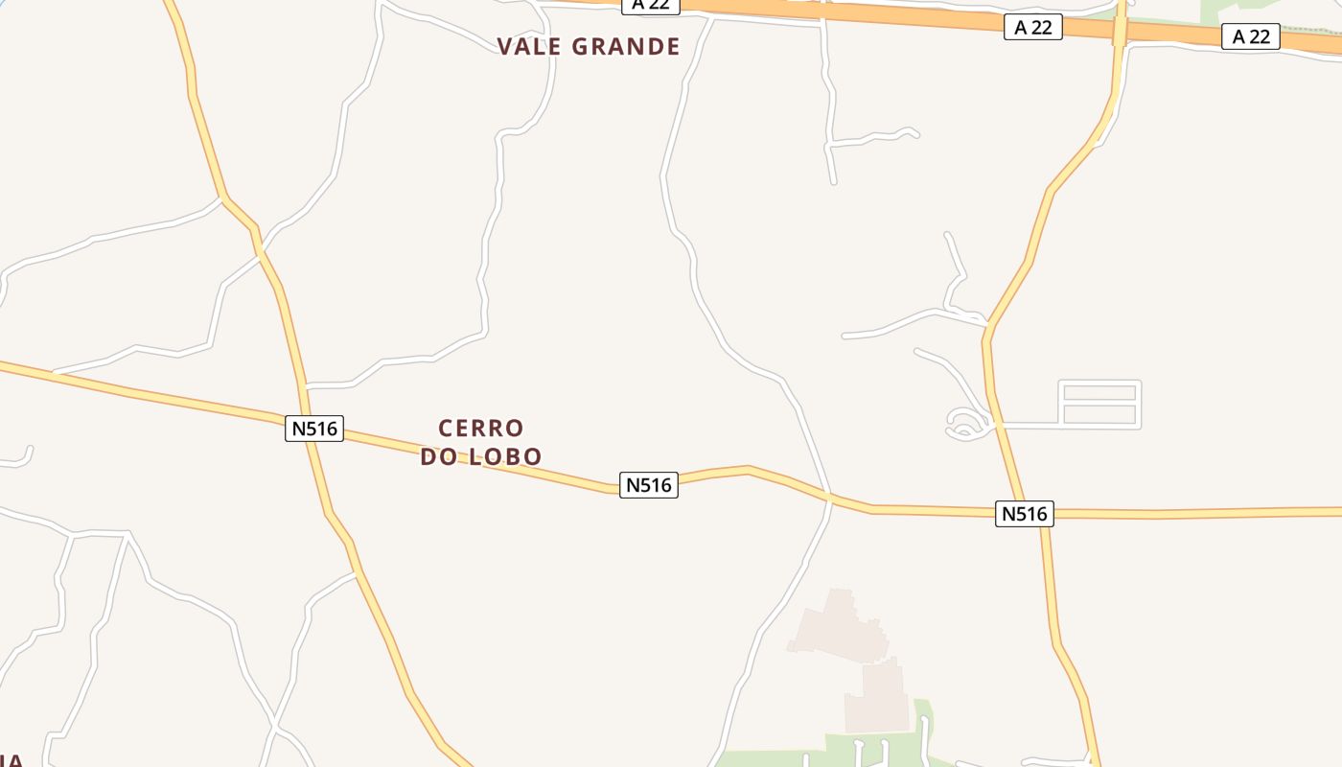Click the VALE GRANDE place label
pos(589,46)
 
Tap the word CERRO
pos(481,428)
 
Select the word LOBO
pos(505,456)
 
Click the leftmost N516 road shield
pos(314,428)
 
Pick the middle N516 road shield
pos(649,485)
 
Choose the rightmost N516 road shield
pos(1024,514)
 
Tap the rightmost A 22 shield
pos(1251,36)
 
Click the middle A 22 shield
pos(1033,28)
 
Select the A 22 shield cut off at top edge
pos(651,6)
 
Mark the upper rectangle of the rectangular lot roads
pos(1099,392)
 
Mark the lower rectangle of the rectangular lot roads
pos(1099,415)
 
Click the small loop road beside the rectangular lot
pos(966,423)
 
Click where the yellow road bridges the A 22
pos(1120,29)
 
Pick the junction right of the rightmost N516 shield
pos(1044,515)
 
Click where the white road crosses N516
pos(829,497)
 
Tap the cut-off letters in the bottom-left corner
pos(12,759)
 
